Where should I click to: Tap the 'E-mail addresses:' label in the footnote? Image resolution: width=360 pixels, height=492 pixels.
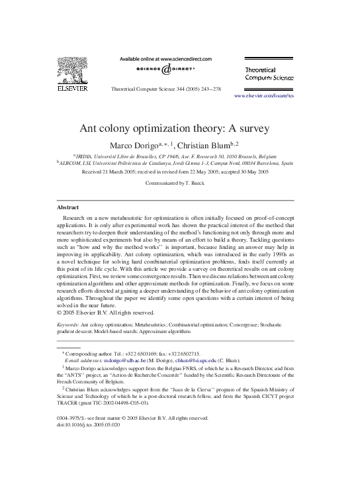coord(79,362)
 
